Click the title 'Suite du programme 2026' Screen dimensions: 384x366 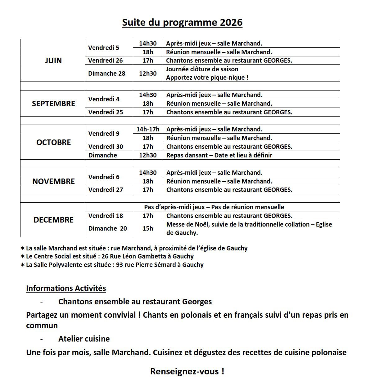[182, 23]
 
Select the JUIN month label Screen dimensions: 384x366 [53, 60]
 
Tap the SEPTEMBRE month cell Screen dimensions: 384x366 [53, 104]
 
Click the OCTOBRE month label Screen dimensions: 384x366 [53, 142]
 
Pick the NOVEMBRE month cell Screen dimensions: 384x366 [53, 181]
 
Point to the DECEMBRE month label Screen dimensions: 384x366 [53, 220]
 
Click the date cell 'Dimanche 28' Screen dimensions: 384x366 [106, 73]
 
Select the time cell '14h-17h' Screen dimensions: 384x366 [148, 129]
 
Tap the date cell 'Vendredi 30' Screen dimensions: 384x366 [106, 147]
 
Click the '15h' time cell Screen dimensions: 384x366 [148, 228]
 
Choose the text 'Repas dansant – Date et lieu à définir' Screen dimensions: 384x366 [219, 155]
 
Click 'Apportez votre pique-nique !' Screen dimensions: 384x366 [207, 77]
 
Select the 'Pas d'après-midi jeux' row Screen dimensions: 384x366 [214, 207]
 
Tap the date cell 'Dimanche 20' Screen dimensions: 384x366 [107, 228]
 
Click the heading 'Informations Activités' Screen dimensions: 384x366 [66, 288]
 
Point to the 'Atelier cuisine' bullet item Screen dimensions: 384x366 [84, 339]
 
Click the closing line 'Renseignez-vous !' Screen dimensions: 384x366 [187, 371]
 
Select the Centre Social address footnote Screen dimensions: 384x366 [110, 256]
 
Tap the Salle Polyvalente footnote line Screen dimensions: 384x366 [115, 265]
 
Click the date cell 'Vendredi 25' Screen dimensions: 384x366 [106, 112]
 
